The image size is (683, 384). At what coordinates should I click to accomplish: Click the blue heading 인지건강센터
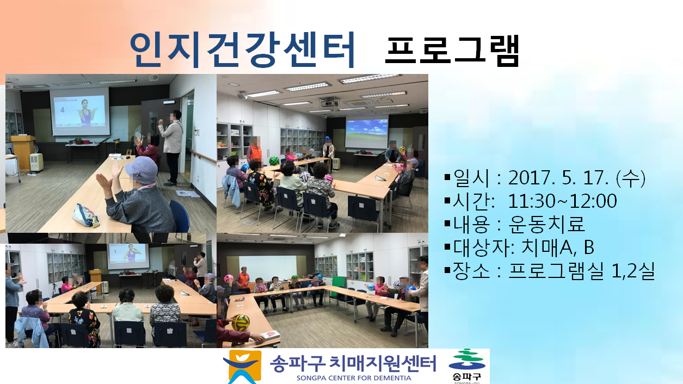(x=242, y=49)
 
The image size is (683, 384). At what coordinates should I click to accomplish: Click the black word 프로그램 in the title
(x=452, y=50)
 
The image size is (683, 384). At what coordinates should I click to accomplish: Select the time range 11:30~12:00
(x=563, y=201)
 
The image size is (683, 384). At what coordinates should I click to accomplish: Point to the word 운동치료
(x=546, y=224)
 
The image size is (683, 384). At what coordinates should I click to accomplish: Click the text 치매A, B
(x=558, y=247)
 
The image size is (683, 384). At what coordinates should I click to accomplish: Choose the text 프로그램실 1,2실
(x=581, y=271)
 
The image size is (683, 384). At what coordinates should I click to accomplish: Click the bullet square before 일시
(x=447, y=177)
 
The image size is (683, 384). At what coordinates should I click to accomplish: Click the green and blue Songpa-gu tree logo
(x=466, y=360)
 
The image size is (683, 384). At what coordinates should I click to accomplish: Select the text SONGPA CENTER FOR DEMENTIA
(x=354, y=378)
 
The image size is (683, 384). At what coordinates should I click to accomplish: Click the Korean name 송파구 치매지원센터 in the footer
(x=353, y=363)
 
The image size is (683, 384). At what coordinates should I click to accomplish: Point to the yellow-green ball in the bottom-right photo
(x=241, y=323)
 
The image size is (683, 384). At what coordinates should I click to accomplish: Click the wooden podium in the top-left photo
(x=23, y=153)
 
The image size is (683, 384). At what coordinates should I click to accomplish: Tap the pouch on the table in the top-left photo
(x=85, y=215)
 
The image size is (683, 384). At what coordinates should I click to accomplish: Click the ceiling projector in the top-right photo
(x=329, y=102)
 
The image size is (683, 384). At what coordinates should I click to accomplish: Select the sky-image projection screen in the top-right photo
(x=367, y=133)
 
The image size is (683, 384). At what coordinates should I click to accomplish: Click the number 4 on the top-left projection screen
(x=63, y=110)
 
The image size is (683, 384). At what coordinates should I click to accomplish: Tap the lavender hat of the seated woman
(x=141, y=170)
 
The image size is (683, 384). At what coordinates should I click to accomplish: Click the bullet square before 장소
(x=447, y=270)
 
